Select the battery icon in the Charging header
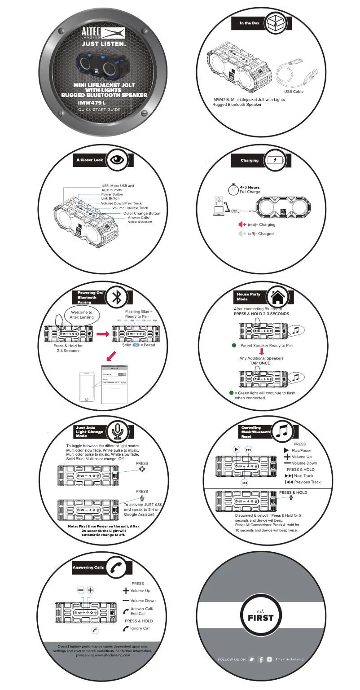(x=274, y=160)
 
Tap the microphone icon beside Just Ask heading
(x=118, y=431)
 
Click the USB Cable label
(x=294, y=92)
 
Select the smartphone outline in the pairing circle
(x=87, y=386)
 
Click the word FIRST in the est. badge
(x=260, y=618)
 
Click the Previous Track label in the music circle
(x=307, y=482)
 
